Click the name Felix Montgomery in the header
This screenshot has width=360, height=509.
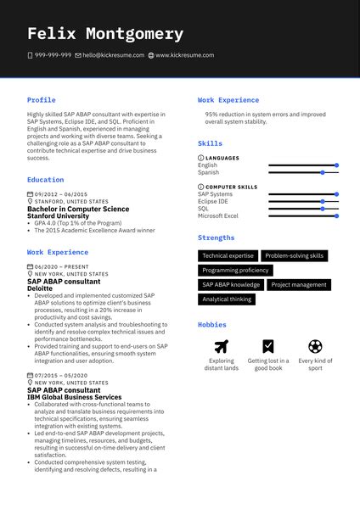(x=105, y=34)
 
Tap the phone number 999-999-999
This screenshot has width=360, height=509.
(x=53, y=55)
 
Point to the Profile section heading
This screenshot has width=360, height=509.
(x=41, y=100)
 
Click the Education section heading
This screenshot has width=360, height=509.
(x=45, y=180)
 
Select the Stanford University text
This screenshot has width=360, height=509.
(x=58, y=215)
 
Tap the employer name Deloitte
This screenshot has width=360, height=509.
(x=40, y=288)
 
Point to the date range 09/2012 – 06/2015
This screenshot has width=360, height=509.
(x=61, y=194)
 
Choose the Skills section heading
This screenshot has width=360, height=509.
(x=210, y=144)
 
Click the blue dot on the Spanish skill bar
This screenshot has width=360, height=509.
(x=323, y=172)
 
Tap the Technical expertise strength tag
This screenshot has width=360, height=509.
(x=228, y=255)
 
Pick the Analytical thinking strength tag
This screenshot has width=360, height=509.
(x=227, y=299)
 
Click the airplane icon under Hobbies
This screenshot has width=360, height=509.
(x=222, y=346)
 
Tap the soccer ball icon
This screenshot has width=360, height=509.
(x=315, y=346)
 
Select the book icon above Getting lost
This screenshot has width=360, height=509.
(x=268, y=346)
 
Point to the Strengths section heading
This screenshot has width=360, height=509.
(x=217, y=238)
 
